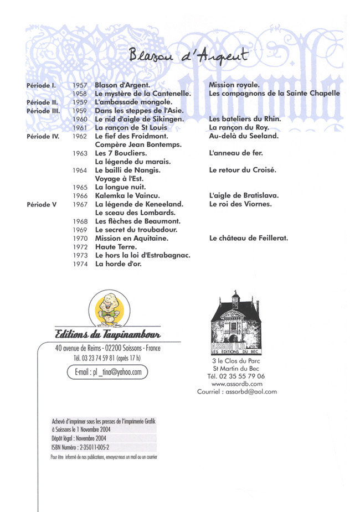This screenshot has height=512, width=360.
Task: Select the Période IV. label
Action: tap(43, 136)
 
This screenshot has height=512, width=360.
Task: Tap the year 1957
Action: tap(80, 85)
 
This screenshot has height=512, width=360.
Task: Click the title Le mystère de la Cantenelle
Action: tap(143, 94)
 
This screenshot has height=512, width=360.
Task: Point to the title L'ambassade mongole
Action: tap(133, 102)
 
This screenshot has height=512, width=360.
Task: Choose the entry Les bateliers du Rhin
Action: tap(245, 119)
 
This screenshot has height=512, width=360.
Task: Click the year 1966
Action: tap(80, 196)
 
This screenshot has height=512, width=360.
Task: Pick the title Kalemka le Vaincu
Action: tap(127, 196)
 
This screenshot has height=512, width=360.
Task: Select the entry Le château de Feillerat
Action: tap(249, 239)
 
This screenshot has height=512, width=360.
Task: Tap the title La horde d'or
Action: tap(119, 264)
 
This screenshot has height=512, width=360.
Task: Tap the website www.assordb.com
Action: tap(236, 384)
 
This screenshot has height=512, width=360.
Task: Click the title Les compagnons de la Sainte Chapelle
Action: tap(274, 94)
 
